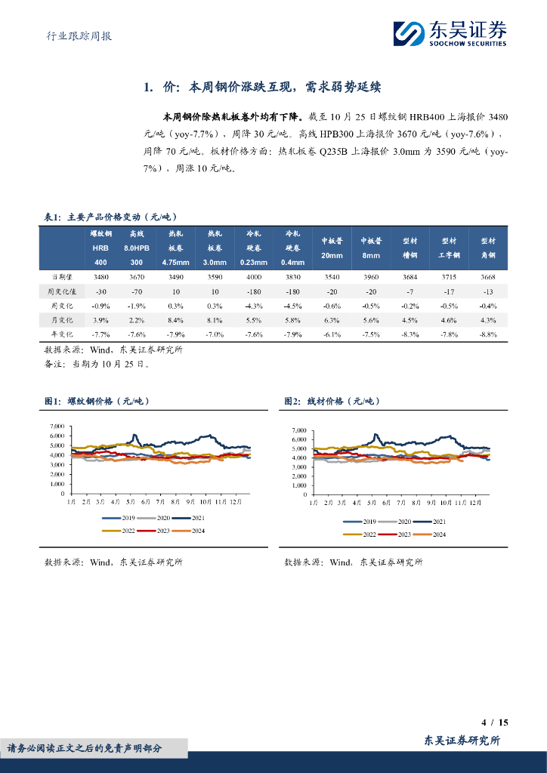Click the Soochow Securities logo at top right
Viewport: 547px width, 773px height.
[x=450, y=32]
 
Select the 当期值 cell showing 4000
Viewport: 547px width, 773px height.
[x=255, y=278]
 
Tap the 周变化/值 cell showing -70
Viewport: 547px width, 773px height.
[x=137, y=291]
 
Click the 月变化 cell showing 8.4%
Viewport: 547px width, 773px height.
[x=175, y=319]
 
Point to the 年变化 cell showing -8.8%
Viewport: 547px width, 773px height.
[x=488, y=334]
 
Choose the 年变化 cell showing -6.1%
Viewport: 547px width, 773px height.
[x=332, y=334]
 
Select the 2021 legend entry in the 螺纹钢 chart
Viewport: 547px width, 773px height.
[x=188, y=519]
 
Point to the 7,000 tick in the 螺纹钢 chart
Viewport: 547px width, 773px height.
[x=57, y=427]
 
